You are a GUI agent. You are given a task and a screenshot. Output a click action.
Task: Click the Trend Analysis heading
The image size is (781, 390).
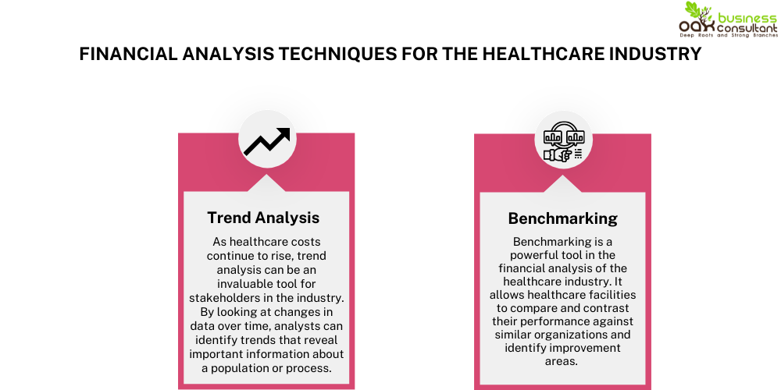(263, 218)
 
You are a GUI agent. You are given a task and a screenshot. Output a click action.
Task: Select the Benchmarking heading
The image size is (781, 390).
(562, 218)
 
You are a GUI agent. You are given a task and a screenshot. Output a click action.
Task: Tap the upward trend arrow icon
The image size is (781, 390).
(266, 142)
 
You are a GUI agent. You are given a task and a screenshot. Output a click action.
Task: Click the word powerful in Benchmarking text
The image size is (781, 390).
(544, 255)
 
